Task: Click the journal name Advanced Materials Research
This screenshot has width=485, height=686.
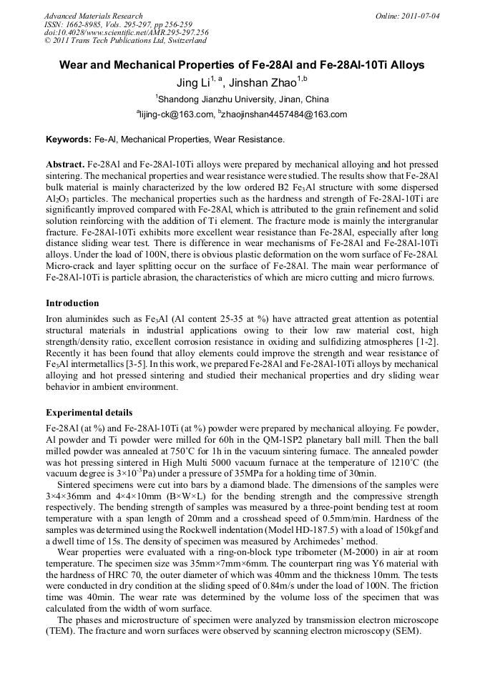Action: (x=93, y=16)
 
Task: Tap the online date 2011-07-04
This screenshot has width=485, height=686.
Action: (x=419, y=16)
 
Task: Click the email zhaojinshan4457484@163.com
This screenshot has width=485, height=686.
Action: (x=284, y=114)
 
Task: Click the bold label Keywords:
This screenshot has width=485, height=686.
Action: (x=69, y=139)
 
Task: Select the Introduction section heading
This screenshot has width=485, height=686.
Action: (x=72, y=303)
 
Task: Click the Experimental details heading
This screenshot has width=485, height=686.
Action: (x=89, y=413)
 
